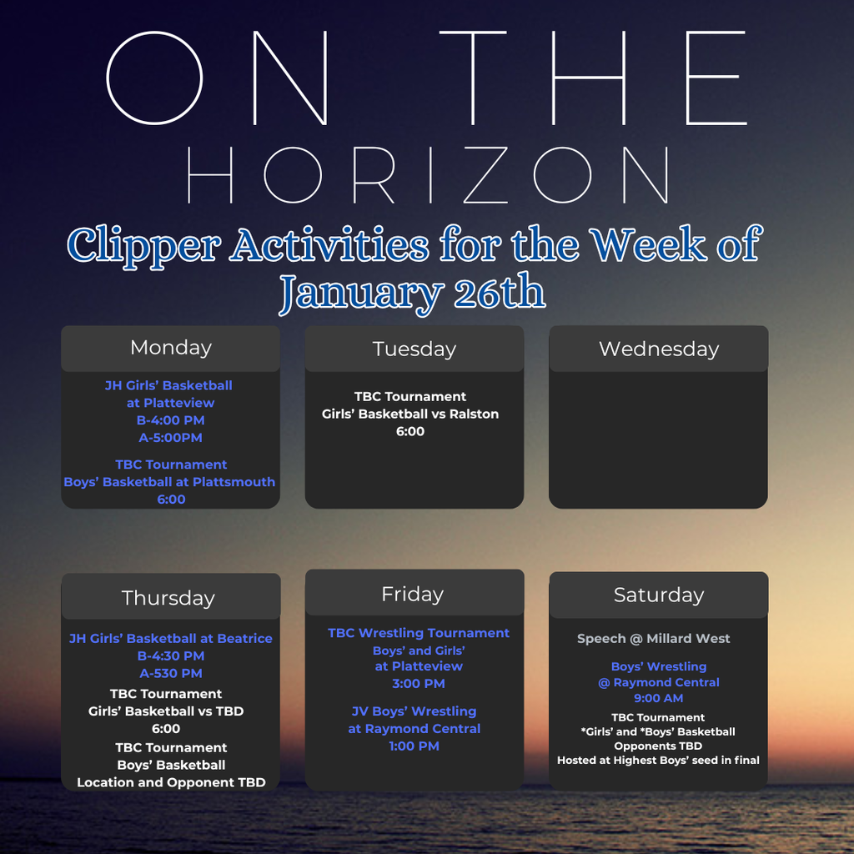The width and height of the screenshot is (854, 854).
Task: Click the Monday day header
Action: (x=171, y=348)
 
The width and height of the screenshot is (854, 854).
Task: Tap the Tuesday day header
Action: (x=414, y=349)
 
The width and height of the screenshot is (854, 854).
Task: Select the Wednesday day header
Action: (x=659, y=349)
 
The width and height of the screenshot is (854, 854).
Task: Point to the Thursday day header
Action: (x=168, y=598)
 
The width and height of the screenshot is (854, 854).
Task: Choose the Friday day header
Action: (x=412, y=594)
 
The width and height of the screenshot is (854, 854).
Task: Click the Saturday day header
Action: (x=659, y=595)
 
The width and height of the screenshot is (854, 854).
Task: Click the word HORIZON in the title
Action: (x=428, y=176)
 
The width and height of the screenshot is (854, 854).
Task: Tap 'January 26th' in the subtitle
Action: (x=412, y=293)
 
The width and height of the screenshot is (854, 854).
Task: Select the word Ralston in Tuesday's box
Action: (x=474, y=414)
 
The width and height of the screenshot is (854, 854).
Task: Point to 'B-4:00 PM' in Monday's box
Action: (x=170, y=420)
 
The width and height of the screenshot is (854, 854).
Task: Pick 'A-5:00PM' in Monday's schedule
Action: (x=170, y=438)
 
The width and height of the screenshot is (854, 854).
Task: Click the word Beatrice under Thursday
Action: (x=244, y=639)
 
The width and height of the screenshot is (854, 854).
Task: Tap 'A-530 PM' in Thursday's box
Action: (x=170, y=674)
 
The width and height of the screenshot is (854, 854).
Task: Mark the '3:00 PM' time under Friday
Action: (x=418, y=684)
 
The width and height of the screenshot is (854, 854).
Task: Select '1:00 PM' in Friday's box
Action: (x=414, y=746)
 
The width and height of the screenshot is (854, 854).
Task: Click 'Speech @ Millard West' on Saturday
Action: (x=653, y=639)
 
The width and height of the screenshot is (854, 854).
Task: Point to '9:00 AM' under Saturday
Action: (x=658, y=698)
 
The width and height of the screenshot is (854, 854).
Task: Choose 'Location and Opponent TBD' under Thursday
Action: (x=171, y=783)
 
